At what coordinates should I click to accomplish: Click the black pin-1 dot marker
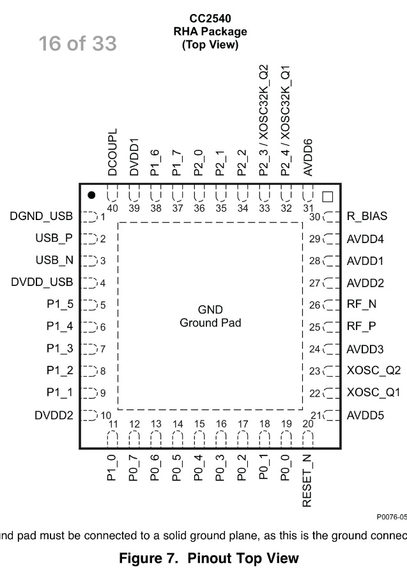tap(92, 195)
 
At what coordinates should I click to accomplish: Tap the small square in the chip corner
tap(328, 196)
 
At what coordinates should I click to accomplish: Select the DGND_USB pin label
tap(42, 217)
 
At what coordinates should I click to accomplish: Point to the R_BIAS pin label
tap(367, 217)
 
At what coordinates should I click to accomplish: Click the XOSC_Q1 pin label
tap(373, 393)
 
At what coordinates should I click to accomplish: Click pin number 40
tap(113, 208)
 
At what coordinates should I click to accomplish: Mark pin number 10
tap(105, 416)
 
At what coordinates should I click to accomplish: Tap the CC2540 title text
tap(210, 19)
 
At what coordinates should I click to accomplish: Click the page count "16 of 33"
tap(77, 43)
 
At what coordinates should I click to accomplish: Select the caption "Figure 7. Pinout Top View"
tap(209, 558)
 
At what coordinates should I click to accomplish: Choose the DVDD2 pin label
tap(54, 416)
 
